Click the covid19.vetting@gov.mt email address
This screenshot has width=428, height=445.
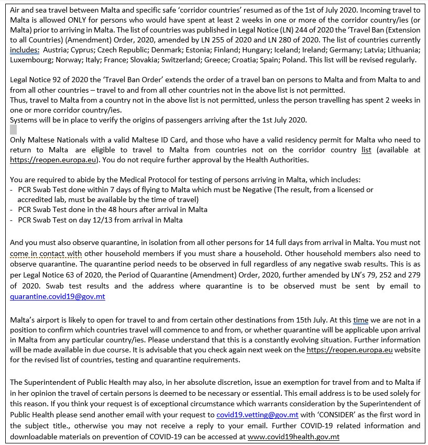257,415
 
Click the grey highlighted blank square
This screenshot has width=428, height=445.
14,129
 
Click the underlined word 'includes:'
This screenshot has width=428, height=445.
25,50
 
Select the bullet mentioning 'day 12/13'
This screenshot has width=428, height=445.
100,220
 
